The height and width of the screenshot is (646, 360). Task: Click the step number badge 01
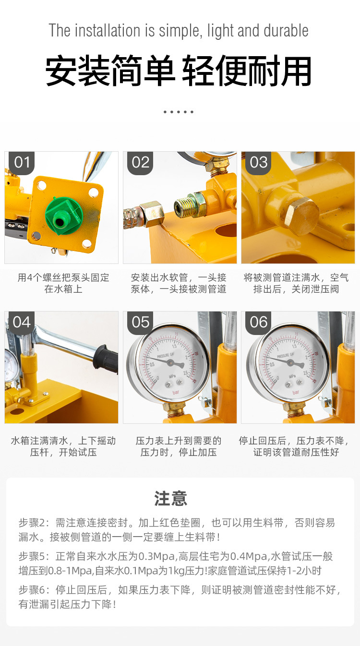coord(22,162)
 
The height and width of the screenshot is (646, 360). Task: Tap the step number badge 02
coord(140,162)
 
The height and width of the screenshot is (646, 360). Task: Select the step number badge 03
coord(259,162)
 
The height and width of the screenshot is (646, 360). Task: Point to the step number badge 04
coord(22,322)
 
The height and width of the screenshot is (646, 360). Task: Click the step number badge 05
coord(140,322)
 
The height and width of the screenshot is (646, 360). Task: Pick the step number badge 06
coord(259,322)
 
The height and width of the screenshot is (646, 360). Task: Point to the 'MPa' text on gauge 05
coord(171,375)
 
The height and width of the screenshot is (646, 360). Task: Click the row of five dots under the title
coord(178,112)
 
